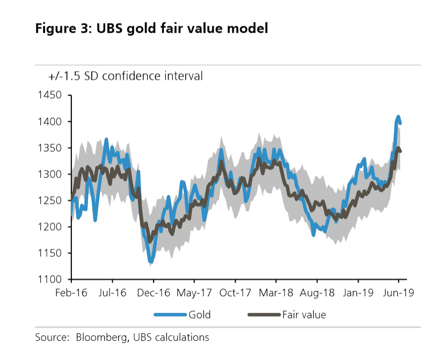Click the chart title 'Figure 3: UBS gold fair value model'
click(151, 28)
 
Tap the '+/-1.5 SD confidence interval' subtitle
click(125, 76)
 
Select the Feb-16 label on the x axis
click(71, 293)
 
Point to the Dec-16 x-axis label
click(154, 293)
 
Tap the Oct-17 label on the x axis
click(235, 293)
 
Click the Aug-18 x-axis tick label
click(317, 293)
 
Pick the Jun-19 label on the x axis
click(398, 293)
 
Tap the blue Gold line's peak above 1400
click(398, 116)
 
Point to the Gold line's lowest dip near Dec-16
click(151, 262)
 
